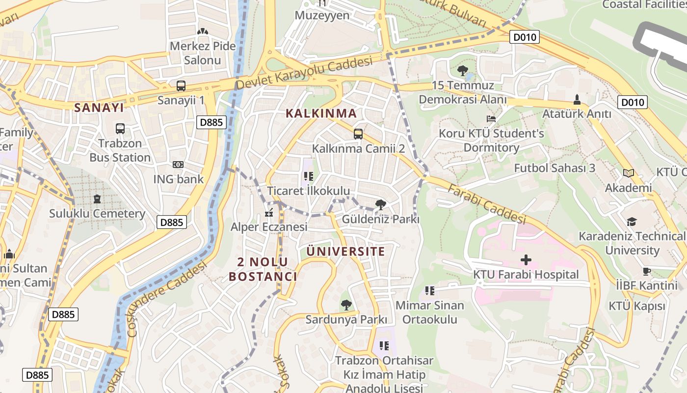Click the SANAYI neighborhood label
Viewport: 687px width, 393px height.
pos(99,108)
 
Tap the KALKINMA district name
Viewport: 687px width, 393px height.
pos(321,113)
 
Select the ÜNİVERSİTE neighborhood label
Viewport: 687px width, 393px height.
pos(345,252)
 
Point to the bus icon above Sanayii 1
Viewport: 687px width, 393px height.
pos(181,86)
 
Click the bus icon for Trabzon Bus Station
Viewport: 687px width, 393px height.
pos(120,129)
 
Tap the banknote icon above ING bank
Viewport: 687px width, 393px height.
pos(178,165)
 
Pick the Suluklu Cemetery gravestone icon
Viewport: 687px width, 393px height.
pos(97,199)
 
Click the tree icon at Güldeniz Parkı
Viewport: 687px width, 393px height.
pos(380,205)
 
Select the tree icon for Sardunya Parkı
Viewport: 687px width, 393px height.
pos(346,305)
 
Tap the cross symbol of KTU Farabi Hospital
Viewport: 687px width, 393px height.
pos(526,259)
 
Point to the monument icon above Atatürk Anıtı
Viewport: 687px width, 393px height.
pos(577,99)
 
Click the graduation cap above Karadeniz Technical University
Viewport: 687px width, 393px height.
pos(632,222)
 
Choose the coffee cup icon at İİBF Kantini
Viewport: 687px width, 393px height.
pos(647,271)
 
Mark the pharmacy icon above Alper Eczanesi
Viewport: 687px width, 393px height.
pos(269,213)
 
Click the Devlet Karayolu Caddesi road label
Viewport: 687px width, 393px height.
pos(304,73)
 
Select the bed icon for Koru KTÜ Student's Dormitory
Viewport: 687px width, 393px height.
pos(491,119)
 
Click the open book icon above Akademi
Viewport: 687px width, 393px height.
pos(629,173)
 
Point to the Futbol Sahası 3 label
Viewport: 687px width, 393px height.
pos(555,168)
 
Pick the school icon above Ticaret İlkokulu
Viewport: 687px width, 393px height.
pos(308,176)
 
